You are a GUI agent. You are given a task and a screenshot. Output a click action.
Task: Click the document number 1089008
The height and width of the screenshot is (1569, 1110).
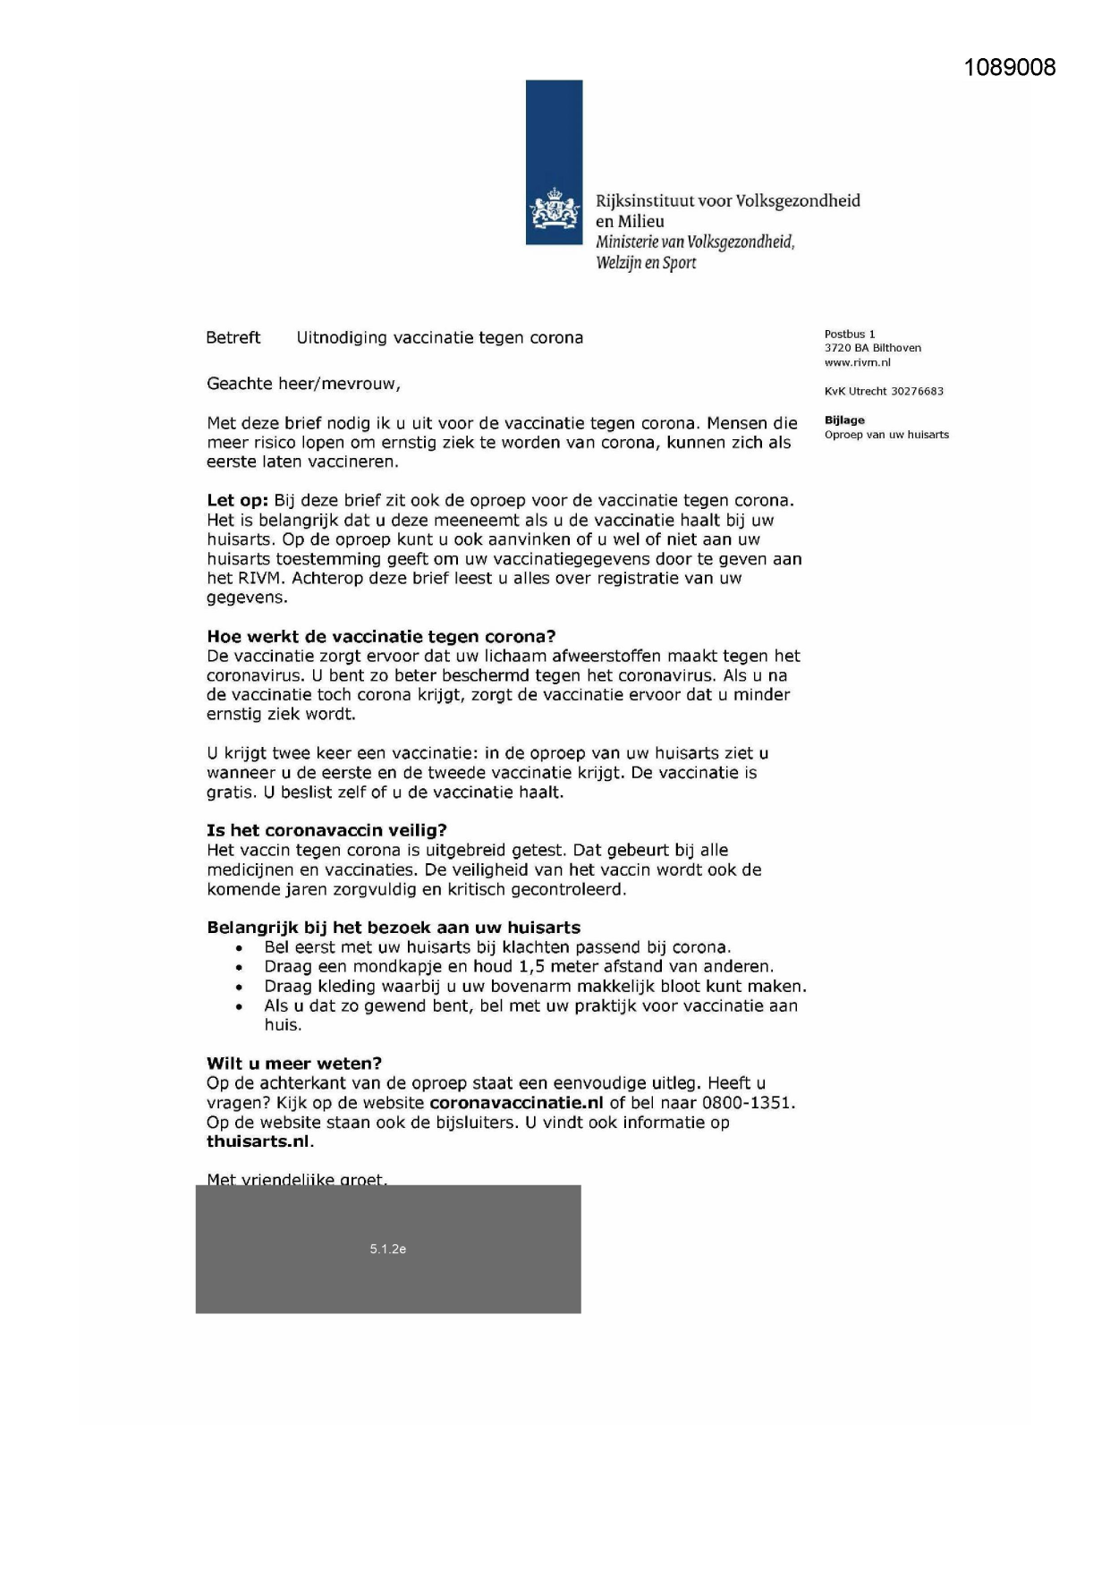click(x=1010, y=68)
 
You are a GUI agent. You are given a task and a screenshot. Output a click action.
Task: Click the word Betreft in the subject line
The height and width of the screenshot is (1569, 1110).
click(x=233, y=337)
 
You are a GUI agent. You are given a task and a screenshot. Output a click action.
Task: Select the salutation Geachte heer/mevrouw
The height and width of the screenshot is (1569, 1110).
click(x=303, y=384)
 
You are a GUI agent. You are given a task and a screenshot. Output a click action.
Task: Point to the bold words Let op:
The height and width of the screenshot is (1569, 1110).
click(x=237, y=500)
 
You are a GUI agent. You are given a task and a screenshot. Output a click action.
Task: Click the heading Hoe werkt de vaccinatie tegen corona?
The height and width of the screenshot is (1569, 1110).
click(x=381, y=636)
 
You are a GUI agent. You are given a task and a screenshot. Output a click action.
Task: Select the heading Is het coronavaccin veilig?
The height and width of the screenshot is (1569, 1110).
click(x=326, y=830)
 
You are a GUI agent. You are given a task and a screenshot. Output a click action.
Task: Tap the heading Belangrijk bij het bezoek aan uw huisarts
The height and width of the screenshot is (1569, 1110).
click(x=394, y=928)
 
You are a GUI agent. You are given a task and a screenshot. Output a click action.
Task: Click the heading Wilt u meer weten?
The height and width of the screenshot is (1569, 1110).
click(x=294, y=1063)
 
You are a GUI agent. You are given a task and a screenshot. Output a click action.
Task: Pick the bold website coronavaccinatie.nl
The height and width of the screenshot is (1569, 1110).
click(x=516, y=1102)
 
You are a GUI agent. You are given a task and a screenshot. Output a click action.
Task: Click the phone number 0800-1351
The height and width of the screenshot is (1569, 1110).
click(x=748, y=1102)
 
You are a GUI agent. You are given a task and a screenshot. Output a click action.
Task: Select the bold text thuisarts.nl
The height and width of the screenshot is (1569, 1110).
click(x=258, y=1141)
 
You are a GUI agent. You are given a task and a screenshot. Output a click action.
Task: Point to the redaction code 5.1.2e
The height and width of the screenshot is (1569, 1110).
click(x=388, y=1249)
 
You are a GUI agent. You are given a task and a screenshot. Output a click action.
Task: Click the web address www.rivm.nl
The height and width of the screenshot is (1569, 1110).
click(x=857, y=362)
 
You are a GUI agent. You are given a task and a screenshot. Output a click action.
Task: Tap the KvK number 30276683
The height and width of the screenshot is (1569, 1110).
click(x=917, y=391)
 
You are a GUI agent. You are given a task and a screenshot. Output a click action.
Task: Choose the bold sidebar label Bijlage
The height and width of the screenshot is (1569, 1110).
click(x=844, y=420)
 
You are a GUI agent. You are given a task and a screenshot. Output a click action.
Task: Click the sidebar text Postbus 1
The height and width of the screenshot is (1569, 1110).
click(x=850, y=334)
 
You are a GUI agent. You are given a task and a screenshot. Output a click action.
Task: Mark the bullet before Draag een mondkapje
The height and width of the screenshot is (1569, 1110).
click(x=239, y=967)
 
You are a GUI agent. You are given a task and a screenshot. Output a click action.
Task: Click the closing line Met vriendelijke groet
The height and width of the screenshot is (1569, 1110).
click(x=297, y=1179)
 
